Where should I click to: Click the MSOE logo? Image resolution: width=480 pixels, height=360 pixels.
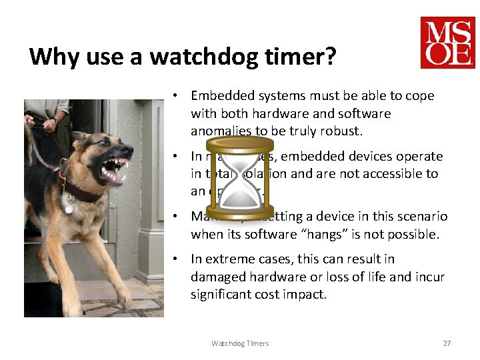(447, 43)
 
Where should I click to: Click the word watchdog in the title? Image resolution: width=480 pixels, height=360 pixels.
(207, 57)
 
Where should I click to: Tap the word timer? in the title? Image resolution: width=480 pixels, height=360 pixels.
(303, 57)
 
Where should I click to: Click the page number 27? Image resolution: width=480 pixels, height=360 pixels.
(447, 343)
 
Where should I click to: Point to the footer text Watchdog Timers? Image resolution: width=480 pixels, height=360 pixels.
(240, 343)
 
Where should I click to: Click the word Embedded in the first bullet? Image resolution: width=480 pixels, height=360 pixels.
(218, 96)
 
